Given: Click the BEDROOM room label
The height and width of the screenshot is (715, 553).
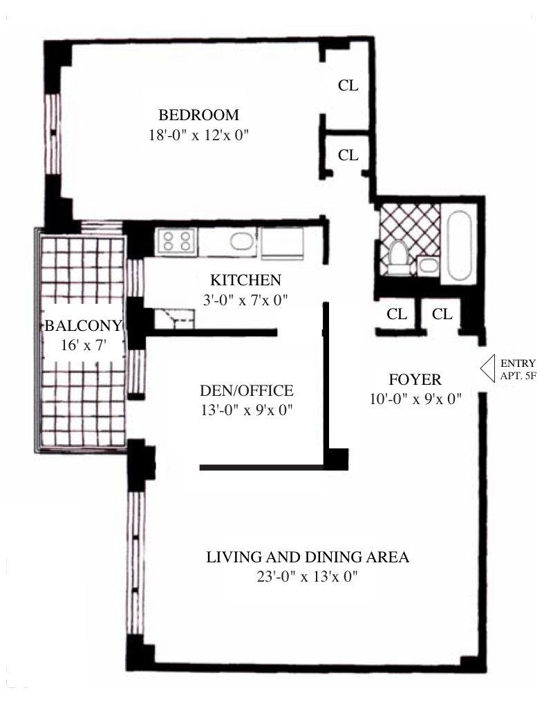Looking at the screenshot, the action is click(x=198, y=115).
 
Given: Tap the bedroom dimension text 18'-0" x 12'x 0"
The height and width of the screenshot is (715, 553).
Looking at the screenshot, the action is click(x=198, y=135).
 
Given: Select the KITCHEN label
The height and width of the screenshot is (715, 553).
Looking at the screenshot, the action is click(x=245, y=280).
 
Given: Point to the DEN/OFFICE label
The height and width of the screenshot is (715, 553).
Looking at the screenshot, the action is click(x=246, y=390).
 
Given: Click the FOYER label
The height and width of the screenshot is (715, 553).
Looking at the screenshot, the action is click(x=415, y=379).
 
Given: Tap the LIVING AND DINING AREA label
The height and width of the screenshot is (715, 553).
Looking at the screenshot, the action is click(x=308, y=557).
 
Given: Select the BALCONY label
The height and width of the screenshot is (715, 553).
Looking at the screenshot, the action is click(x=83, y=325).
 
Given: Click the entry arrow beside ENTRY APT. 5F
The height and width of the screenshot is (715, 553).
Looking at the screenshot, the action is click(x=487, y=368).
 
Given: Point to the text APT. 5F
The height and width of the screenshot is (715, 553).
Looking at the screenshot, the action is click(x=518, y=376).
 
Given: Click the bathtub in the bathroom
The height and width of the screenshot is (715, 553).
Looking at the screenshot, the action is click(x=459, y=245).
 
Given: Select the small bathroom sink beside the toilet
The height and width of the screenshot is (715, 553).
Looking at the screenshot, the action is click(x=428, y=266).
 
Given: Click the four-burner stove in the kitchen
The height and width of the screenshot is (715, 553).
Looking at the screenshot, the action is click(x=176, y=241).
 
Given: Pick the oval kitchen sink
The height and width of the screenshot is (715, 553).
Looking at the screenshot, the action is click(x=242, y=241).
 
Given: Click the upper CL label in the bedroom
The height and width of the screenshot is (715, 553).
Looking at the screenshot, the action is click(x=348, y=85).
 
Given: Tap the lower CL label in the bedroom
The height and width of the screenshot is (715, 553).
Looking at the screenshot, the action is click(x=348, y=155).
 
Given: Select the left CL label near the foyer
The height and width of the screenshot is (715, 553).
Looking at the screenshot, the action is click(x=397, y=314).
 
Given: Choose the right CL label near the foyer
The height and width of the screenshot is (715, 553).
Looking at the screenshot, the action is click(x=442, y=314).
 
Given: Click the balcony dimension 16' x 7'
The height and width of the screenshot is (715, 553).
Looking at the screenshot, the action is click(x=84, y=345).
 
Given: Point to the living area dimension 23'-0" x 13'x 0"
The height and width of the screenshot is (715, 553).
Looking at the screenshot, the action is click(x=307, y=576).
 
